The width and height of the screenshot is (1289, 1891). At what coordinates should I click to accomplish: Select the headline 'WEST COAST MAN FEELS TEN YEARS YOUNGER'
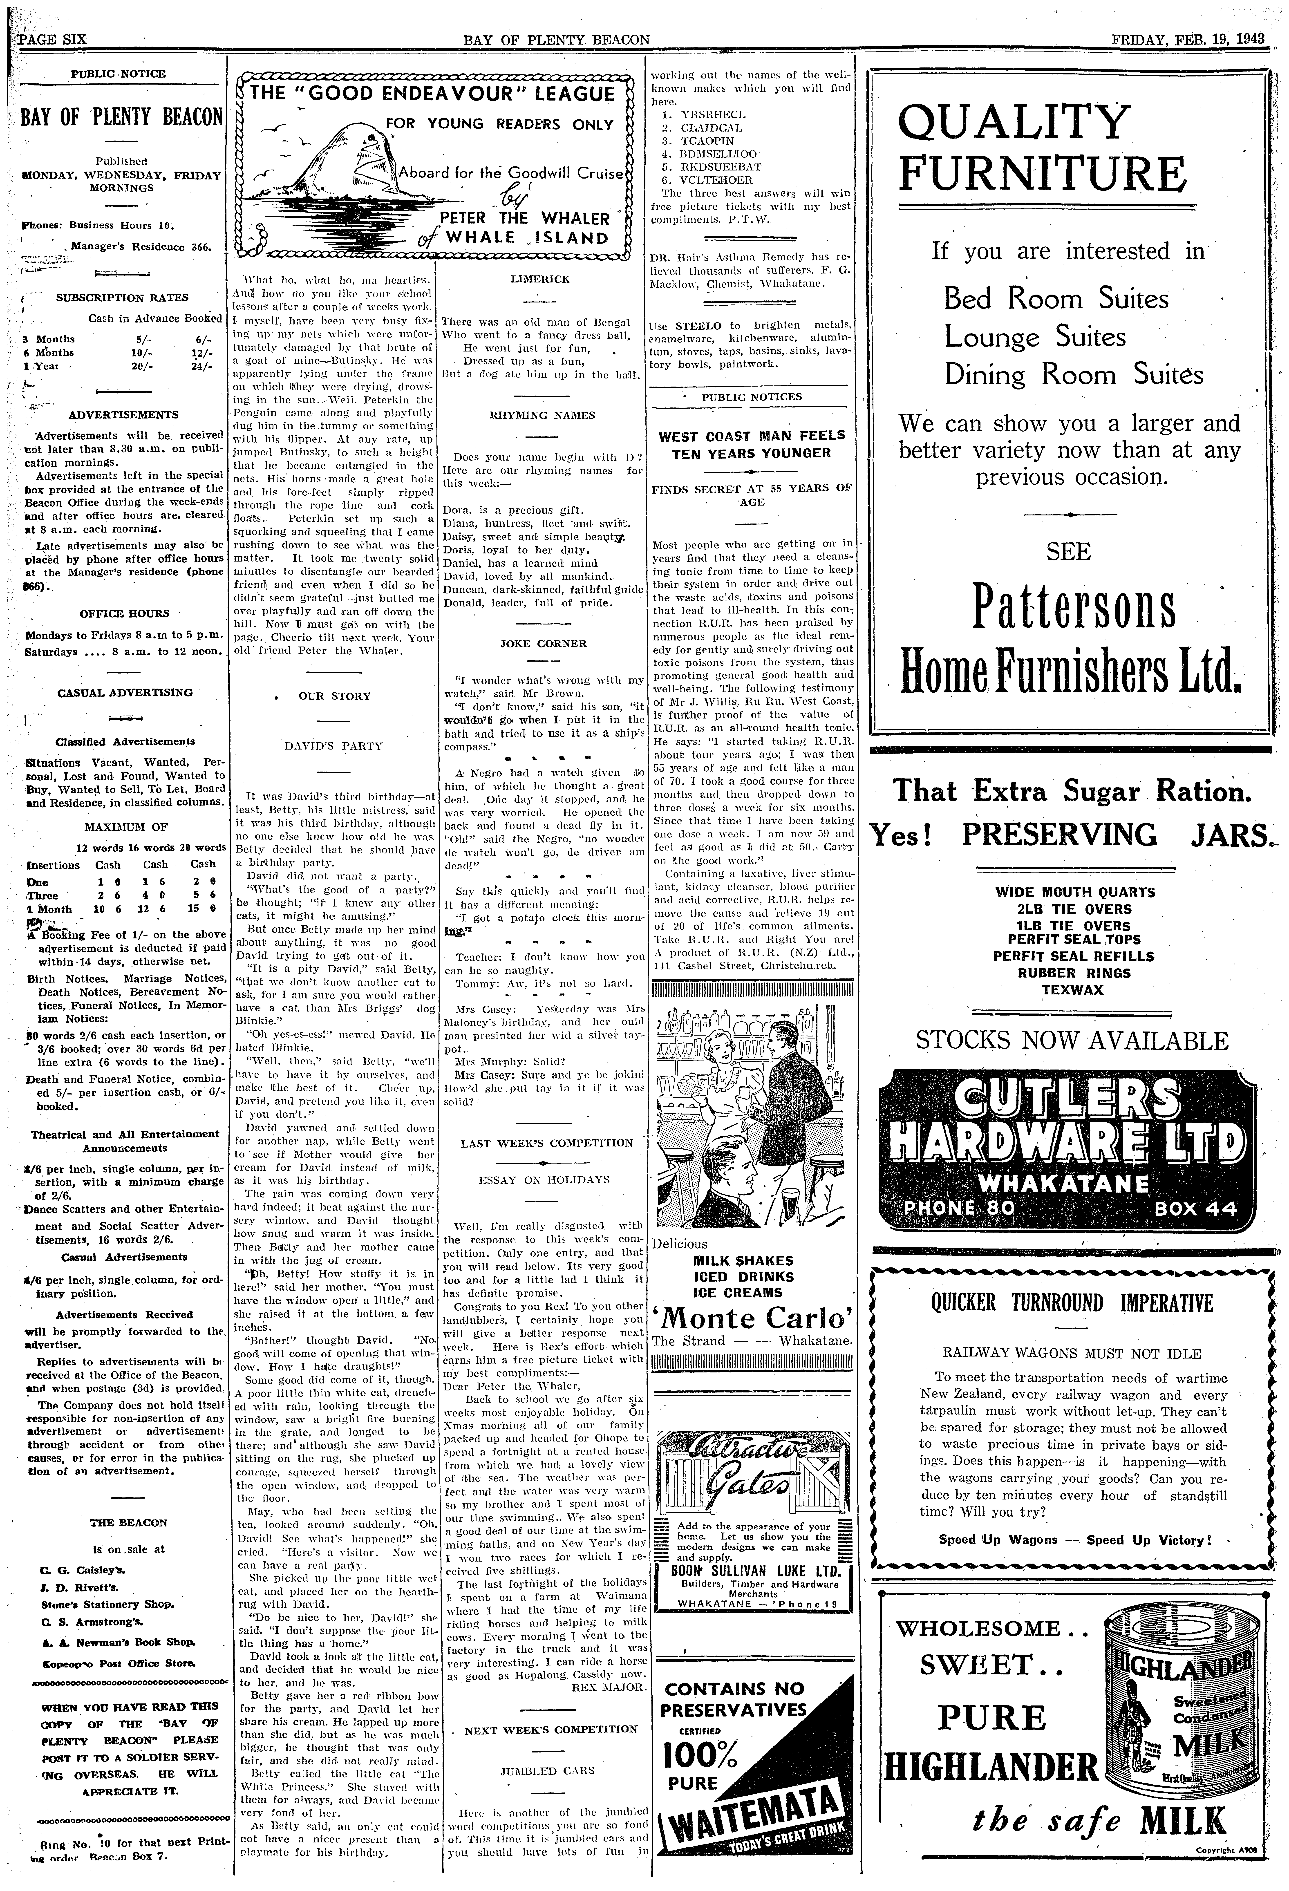tap(752, 444)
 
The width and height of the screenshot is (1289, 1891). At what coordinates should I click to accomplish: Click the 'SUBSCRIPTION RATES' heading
tap(122, 298)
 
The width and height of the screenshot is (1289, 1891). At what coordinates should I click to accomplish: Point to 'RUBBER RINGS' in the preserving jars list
tap(1074, 973)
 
